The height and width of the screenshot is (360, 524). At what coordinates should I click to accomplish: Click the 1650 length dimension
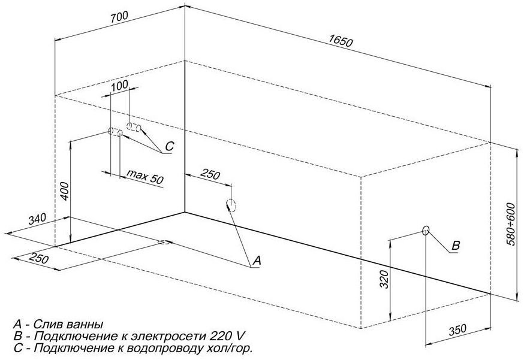pos(340,41)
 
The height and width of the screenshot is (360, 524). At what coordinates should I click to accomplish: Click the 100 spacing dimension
pos(120,86)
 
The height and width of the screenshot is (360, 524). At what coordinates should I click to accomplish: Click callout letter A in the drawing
pos(258,260)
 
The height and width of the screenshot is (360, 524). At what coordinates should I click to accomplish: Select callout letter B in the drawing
pos(455,245)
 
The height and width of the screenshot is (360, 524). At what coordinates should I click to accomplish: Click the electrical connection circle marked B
pos(426,230)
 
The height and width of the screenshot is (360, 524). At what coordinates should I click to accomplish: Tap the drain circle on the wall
pos(231,205)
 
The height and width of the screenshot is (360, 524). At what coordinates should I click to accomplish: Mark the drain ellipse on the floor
pos(164,243)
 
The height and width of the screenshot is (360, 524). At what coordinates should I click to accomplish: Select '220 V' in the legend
pos(232,336)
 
